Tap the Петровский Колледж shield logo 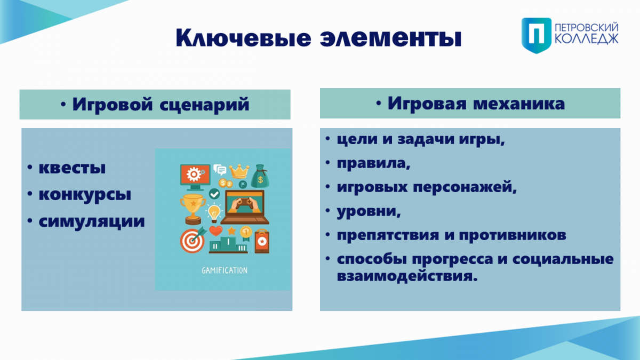click(537, 35)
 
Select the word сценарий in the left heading click(204, 105)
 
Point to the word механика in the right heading click(519, 103)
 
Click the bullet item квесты click(72, 167)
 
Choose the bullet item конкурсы click(85, 195)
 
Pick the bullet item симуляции click(92, 221)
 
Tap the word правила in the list click(373, 163)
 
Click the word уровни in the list click(369, 212)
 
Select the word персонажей click(465, 187)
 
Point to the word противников click(513, 235)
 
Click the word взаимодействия click(407, 276)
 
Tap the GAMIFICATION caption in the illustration click(225, 270)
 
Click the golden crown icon click(239, 171)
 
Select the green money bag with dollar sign click(260, 176)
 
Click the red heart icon click(215, 230)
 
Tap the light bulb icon click(214, 213)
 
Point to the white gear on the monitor click(194, 174)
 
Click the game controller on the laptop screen click(244, 203)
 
